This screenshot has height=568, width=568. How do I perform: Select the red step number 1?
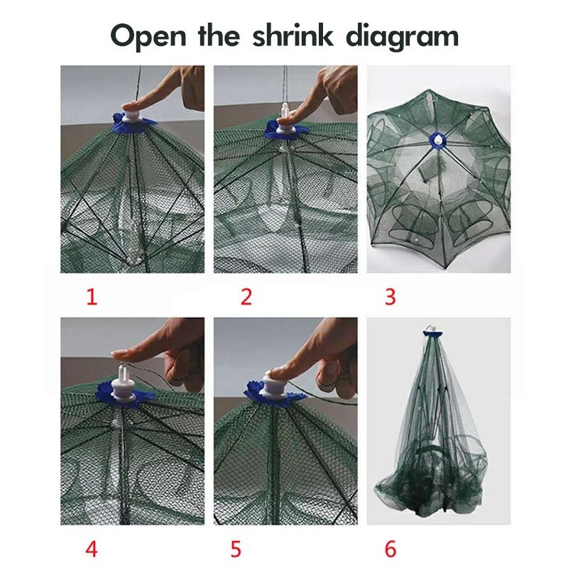click(91, 297)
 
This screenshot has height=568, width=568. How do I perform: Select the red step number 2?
click(246, 297)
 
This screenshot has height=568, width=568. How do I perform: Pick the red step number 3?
click(390, 297)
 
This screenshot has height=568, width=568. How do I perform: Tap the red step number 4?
click(91, 549)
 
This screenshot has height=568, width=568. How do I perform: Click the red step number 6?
click(390, 549)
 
